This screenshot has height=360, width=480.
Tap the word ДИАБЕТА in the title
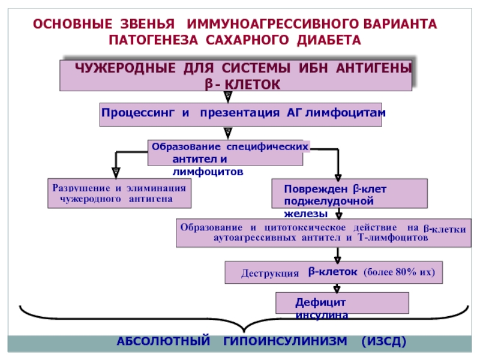329,40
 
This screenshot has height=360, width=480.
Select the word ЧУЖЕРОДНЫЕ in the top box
125,68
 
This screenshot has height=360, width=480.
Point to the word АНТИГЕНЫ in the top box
374,68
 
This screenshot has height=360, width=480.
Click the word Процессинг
138,113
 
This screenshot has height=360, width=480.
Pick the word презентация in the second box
239,113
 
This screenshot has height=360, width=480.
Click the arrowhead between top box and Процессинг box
228,97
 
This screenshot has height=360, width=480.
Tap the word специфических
267,147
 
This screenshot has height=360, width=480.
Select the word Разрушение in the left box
81,188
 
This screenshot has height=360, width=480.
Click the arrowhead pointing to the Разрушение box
116,173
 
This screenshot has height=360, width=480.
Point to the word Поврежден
317,189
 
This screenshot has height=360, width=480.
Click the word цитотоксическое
305,227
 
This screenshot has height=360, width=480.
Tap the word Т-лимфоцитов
393,238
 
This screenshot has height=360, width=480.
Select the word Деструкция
269,273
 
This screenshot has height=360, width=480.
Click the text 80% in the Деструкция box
406,272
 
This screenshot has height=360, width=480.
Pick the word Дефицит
320,302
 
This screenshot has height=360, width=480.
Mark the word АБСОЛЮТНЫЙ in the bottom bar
163,341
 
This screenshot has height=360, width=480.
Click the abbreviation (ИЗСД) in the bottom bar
384,341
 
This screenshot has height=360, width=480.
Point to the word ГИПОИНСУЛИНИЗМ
286,341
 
